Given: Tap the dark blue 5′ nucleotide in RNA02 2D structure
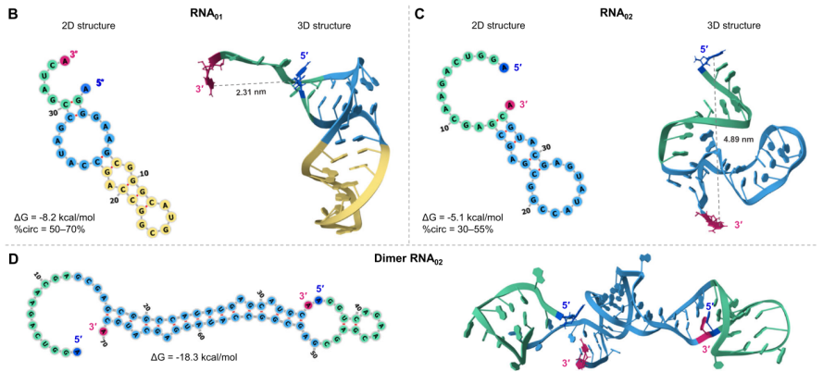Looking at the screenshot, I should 504,67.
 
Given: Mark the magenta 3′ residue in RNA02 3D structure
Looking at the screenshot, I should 715,221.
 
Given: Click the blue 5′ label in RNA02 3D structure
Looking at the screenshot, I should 706,48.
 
